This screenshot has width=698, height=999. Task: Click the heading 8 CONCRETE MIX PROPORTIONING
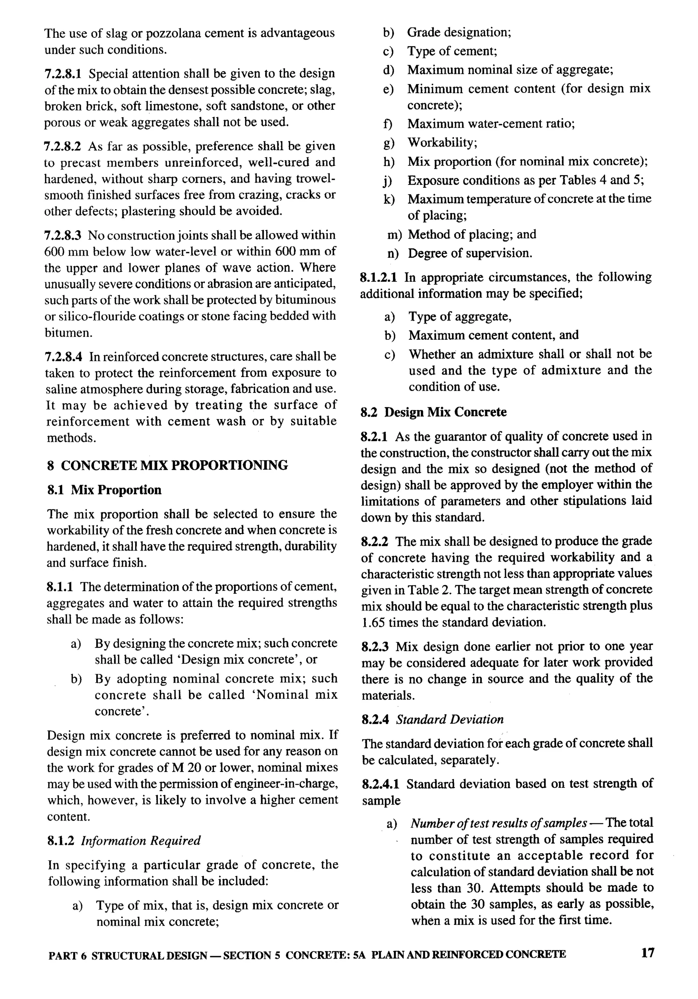(x=167, y=465)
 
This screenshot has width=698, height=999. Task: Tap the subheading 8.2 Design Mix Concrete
(x=434, y=412)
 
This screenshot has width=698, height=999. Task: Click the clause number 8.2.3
(x=375, y=647)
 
